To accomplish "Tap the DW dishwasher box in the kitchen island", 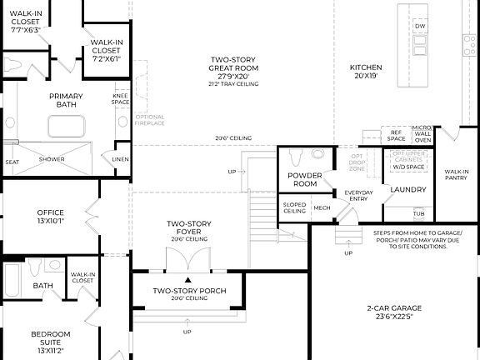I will pyautogui.click(x=420, y=27).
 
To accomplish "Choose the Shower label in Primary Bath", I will pyautogui.click(x=52, y=159).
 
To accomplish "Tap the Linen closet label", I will pyautogui.click(x=120, y=159).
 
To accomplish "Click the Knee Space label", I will pyautogui.click(x=120, y=99).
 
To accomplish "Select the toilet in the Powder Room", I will pyautogui.click(x=317, y=153).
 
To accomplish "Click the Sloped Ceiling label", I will pyautogui.click(x=293, y=208).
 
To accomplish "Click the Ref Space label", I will pyautogui.click(x=396, y=133).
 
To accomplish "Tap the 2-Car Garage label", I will pyautogui.click(x=394, y=312).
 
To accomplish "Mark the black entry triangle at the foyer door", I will pyautogui.click(x=188, y=279).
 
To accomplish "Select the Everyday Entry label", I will pyautogui.click(x=359, y=197).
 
